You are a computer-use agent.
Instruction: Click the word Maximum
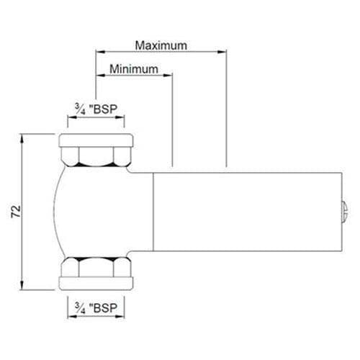(161, 45)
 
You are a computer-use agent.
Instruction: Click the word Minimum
(134, 69)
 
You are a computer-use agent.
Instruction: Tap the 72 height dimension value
(17, 212)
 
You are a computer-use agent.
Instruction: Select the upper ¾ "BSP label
(96, 109)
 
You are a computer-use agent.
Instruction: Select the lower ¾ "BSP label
(96, 307)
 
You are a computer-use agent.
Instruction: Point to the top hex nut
(96, 157)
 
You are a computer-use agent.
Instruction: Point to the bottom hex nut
(96, 266)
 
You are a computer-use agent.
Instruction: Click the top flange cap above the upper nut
(96, 140)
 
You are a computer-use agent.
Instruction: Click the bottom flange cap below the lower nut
(96, 283)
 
